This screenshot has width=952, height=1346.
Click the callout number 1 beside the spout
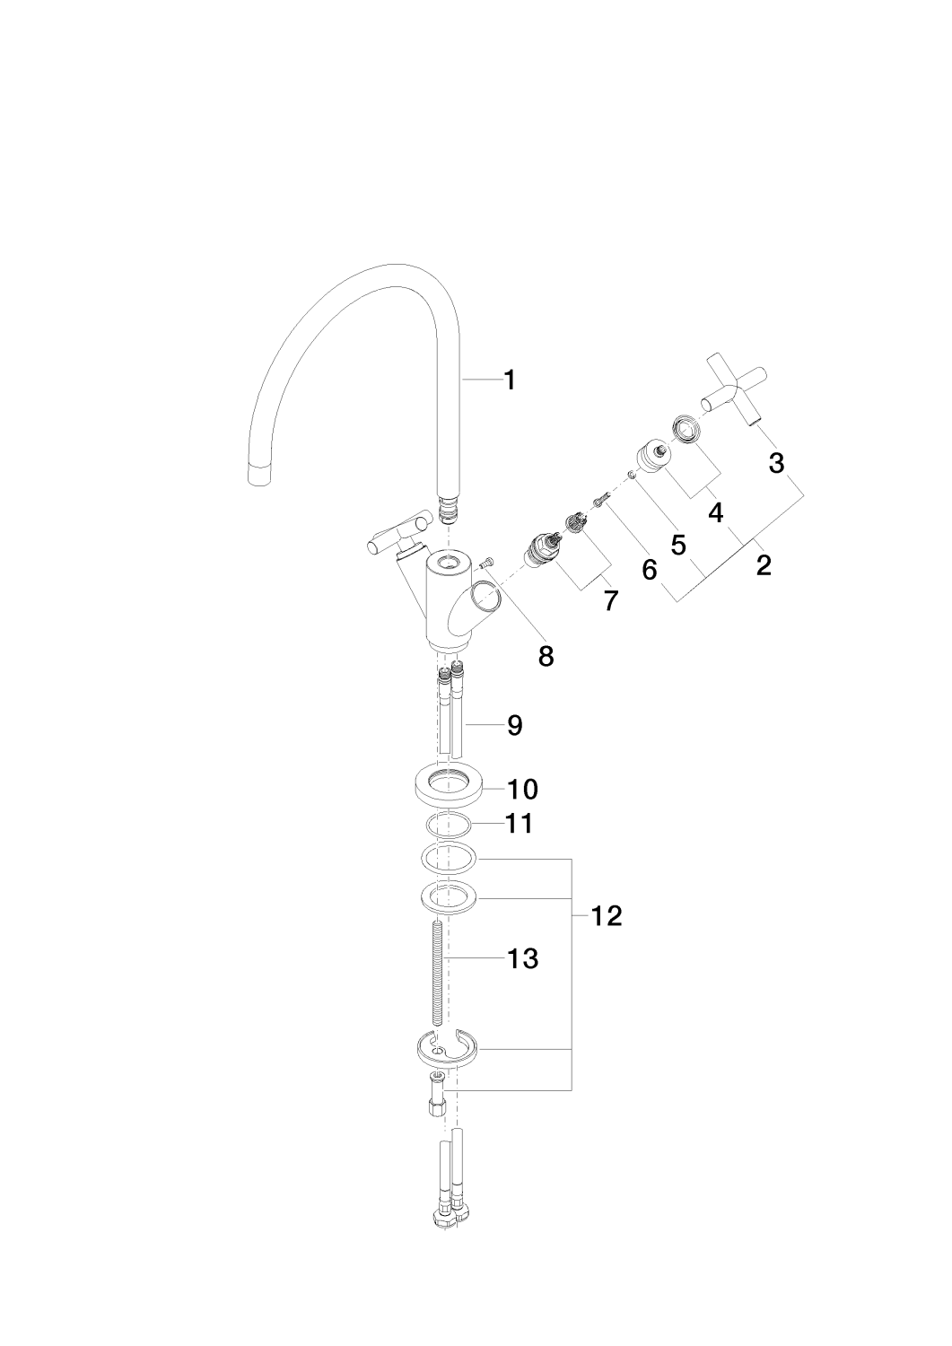(510, 380)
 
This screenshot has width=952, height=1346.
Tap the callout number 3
(776, 463)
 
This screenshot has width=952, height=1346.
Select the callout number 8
(546, 656)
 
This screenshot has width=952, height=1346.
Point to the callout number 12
(607, 916)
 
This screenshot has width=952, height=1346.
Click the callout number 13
(522, 958)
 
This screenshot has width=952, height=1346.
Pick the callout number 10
(522, 790)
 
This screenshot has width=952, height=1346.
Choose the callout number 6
(650, 569)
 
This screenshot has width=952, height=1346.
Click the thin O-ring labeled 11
(446, 825)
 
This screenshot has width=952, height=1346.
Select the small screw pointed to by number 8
(485, 563)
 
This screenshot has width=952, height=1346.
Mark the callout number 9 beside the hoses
(514, 725)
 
